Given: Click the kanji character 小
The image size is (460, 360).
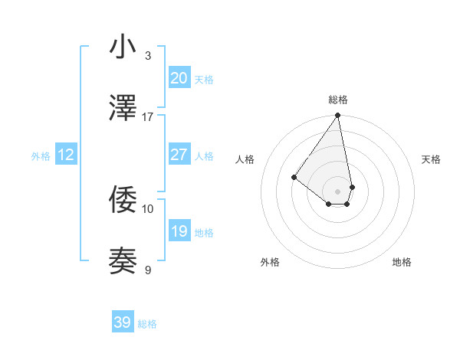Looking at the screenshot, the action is (123, 47).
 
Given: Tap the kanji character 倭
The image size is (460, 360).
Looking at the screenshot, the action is (123, 201).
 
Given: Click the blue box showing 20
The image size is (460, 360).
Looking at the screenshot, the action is (179, 77).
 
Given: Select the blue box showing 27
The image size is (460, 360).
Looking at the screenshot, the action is (179, 155).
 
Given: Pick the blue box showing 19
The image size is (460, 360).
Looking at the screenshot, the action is (179, 231).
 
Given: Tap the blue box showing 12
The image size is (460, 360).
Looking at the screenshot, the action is (66, 155).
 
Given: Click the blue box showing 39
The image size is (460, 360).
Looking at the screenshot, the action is (122, 322).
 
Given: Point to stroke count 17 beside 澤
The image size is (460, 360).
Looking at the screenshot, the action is (148, 116).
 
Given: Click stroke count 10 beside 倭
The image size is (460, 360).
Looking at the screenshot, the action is (148, 208).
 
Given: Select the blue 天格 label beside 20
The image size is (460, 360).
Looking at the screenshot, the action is (204, 80).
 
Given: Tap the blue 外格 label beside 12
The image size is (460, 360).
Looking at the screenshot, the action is (41, 156).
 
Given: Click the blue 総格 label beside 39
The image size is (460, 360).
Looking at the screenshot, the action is (147, 324).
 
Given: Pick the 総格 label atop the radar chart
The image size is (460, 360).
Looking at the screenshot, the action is (338, 100).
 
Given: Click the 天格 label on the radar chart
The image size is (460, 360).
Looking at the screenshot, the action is (432, 159).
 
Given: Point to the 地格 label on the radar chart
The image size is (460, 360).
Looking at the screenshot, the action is (402, 262).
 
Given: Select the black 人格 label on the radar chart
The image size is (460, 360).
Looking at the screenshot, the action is (245, 159).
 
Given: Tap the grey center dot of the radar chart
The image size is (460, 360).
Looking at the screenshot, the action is (338, 191).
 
